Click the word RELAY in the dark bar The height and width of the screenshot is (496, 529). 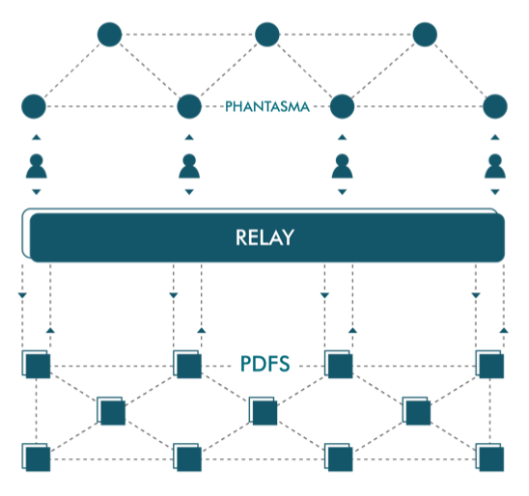point(264,237)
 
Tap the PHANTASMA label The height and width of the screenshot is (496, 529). point(267,106)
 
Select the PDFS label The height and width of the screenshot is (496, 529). point(264,364)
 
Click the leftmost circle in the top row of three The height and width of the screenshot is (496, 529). point(109,35)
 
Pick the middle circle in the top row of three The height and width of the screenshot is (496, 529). point(267,35)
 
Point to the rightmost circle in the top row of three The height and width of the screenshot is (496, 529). point(425,35)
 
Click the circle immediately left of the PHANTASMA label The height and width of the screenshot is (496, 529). point(189,106)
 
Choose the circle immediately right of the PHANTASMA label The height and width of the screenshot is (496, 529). point(342,106)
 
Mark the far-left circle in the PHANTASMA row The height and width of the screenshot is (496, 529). point(34,106)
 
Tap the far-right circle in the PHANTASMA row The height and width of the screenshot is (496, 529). point(495,106)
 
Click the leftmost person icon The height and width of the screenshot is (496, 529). point(37,166)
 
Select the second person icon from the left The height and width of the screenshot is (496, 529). point(189,166)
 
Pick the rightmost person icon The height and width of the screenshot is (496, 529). point(495,166)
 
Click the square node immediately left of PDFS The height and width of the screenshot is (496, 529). point(187,364)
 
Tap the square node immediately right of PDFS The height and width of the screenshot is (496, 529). point(339,364)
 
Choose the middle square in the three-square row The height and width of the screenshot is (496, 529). point(264,411)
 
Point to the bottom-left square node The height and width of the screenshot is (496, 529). point(36,457)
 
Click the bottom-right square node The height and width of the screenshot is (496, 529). point(489,457)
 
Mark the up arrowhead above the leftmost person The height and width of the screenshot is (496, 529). point(37,137)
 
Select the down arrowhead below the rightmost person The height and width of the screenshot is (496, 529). point(495,192)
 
